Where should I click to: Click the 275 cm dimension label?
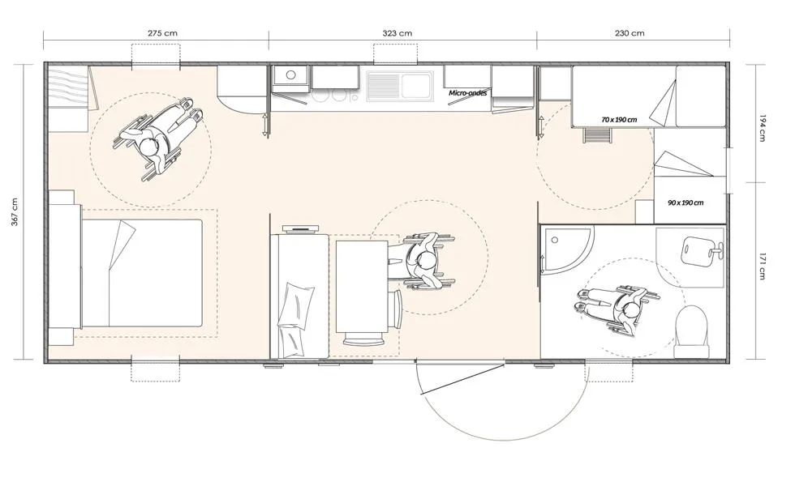(163, 33)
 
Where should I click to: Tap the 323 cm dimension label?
(397, 33)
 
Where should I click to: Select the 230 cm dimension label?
(630, 33)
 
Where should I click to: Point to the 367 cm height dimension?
(15, 212)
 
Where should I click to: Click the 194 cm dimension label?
(762, 129)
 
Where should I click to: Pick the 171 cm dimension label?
(762, 266)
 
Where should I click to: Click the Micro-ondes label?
(468, 93)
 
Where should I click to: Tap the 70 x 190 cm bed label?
(619, 120)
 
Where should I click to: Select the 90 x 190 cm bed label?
(685, 203)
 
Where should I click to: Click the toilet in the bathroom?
(691, 332)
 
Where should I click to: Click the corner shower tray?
(567, 249)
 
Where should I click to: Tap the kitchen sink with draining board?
(400, 85)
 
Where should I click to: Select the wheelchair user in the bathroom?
(618, 308)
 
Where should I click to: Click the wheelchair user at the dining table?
(423, 261)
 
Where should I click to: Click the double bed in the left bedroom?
(142, 273)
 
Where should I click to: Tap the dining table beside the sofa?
(362, 288)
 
